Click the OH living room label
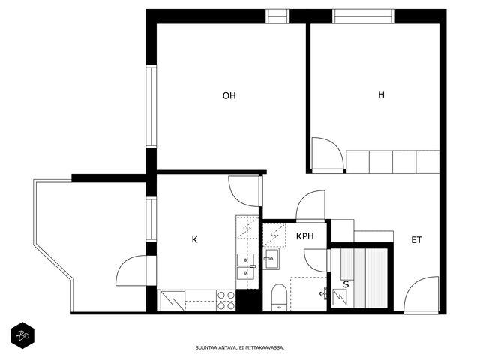coord(229,96)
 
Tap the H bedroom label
coord(381,94)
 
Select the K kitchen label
coord(194,239)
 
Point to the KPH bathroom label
coord(305,236)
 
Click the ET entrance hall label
coord(416,240)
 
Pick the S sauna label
coord(346,284)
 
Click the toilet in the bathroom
coord(279,297)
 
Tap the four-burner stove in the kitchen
coord(226,300)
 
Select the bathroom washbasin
coord(271,259)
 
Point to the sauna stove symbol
coord(340,297)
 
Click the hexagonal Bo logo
coord(22,335)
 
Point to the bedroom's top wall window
coord(363,16)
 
